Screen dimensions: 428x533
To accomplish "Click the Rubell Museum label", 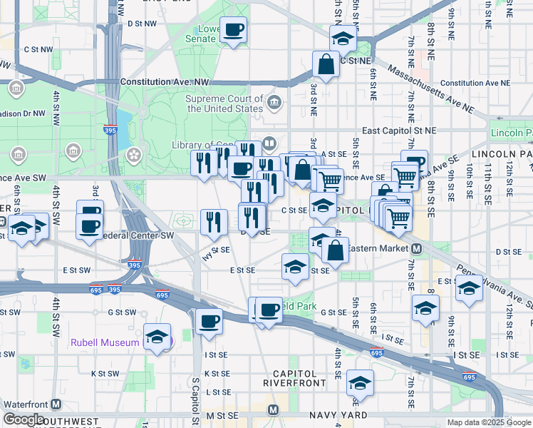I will pos(104,342).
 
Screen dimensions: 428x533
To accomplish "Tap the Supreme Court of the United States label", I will pos(224,104).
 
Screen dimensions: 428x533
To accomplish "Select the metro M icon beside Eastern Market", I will pos(418,248).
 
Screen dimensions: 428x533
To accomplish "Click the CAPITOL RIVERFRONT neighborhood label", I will pos(294,378).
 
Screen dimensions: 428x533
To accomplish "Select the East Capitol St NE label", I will pos(398,131).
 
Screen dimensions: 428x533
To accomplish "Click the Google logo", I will pos(24,420).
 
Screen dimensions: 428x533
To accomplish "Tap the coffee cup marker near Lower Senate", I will pos(233,31).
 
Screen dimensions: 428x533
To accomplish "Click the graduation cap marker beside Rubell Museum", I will pos(157,337).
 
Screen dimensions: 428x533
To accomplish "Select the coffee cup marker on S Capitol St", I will pos(209,321).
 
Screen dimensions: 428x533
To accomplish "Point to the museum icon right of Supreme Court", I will pos(274,105).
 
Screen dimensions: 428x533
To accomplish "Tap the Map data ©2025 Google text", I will pos(488,422).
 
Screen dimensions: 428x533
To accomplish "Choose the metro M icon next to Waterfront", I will pos(55,404).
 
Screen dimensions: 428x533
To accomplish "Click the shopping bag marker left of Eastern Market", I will pos(334,250).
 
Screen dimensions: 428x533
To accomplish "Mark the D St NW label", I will pos(141,23).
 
